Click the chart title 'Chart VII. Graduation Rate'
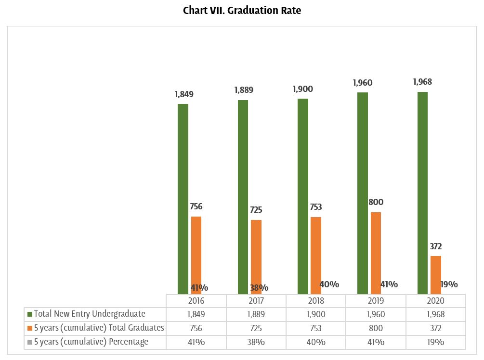242,11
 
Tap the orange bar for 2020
435,274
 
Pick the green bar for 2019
362,193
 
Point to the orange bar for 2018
316,255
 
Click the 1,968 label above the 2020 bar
422,82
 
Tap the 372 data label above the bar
435,246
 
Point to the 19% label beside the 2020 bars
449,284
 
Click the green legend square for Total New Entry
30,314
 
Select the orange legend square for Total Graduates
30,328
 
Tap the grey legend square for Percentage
30,342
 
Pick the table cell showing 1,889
256,314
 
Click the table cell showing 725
256,328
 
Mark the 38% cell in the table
256,342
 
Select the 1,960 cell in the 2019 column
376,314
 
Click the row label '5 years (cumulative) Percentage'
91,342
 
